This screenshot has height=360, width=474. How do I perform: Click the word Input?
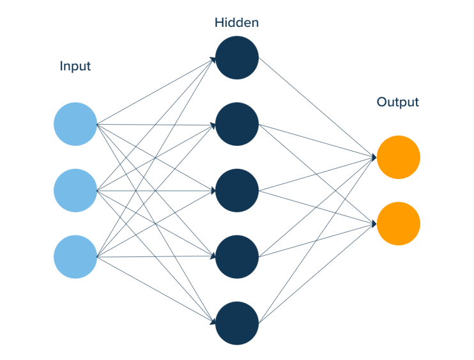[75, 66]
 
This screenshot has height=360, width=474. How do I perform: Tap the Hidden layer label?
[236, 23]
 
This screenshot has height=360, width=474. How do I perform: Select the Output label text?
[397, 102]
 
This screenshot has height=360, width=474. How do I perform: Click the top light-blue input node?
[75, 123]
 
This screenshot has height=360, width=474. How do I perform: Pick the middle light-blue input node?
[75, 191]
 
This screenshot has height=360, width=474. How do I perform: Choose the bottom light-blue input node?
[75, 257]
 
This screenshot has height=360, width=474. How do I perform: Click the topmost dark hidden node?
[236, 58]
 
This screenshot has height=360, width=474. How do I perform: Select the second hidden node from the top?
[236, 124]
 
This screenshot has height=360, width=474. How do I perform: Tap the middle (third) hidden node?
[236, 191]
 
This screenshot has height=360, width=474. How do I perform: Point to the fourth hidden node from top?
[236, 257]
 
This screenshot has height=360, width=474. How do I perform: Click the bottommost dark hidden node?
[236, 324]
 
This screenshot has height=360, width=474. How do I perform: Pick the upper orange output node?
[398, 157]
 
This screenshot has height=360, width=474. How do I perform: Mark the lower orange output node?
[398, 224]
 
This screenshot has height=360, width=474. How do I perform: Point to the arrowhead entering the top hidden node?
[212, 59]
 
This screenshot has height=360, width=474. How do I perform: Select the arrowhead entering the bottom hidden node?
[212, 322]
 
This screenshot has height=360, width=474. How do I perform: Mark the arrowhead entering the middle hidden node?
[212, 191]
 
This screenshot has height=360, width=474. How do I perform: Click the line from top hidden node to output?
[316, 107]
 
